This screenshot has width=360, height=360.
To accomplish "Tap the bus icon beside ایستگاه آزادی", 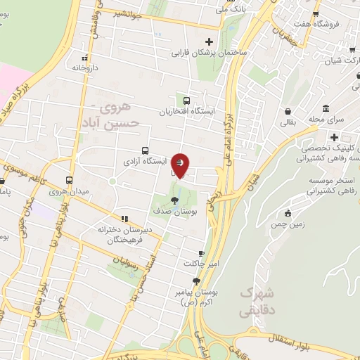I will pyautogui.click(x=145, y=150).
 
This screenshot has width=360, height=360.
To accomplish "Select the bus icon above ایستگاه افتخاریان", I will pyautogui.click(x=186, y=101).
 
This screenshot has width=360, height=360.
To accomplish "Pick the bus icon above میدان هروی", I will pyautogui.click(x=69, y=180).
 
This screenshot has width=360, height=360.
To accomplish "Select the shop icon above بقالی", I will pyautogui.click(x=288, y=111).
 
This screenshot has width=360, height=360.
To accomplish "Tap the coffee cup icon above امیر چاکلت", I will pyautogui.click(x=201, y=253).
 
